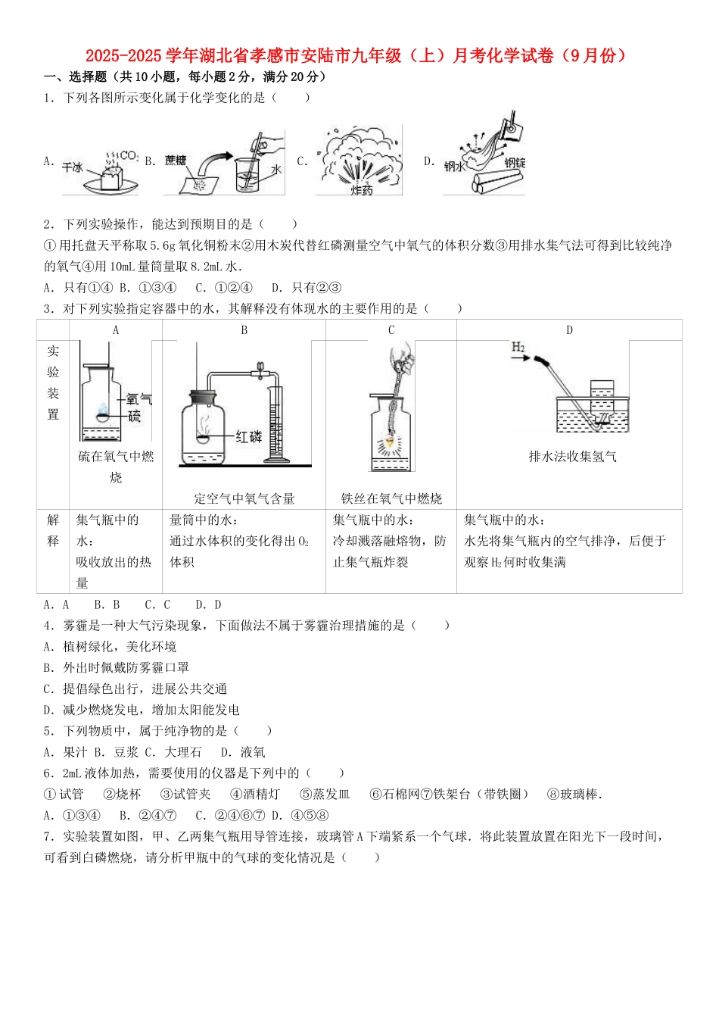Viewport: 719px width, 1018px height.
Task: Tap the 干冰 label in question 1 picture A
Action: (73, 167)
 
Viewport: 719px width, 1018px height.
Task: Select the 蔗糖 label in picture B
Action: (176, 160)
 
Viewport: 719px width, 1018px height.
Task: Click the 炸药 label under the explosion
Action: (361, 190)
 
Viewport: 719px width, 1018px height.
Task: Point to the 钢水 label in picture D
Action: (454, 166)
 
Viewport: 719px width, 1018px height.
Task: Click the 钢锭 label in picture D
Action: (515, 163)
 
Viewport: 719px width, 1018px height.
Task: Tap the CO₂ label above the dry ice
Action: (129, 155)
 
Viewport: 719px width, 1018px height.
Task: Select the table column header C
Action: (391, 329)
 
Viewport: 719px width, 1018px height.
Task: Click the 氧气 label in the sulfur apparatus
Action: (139, 398)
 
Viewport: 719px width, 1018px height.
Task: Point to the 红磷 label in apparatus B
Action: (248, 436)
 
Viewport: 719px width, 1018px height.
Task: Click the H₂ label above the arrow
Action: (518, 347)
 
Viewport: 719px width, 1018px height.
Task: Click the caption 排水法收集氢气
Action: (572, 456)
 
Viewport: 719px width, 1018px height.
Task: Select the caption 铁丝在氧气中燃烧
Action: (391, 498)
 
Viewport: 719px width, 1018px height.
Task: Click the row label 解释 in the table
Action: (53, 530)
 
